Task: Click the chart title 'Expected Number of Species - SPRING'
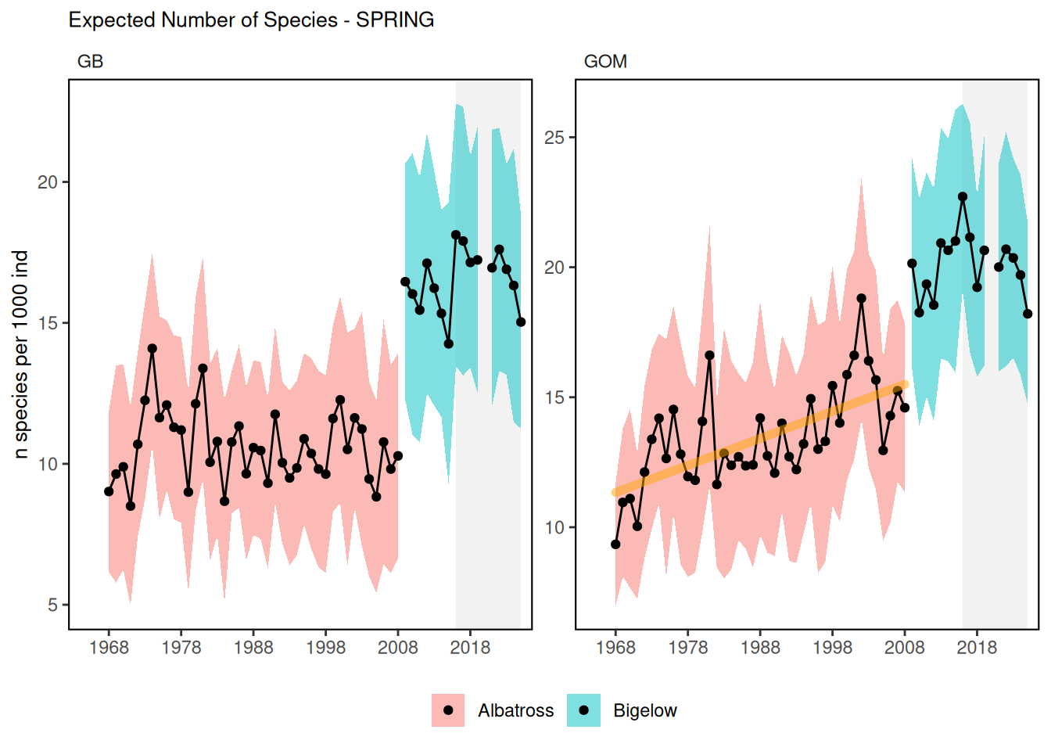coord(251,20)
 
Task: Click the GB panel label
coord(90,62)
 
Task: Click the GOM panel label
coord(605,62)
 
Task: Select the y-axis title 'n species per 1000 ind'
coord(21,354)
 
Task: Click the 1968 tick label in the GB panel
coord(109,648)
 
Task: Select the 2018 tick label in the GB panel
coord(470,648)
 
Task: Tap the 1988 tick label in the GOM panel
coord(760,648)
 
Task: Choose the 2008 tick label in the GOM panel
coord(905,648)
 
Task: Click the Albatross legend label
coord(515,711)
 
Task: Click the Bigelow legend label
coord(645,711)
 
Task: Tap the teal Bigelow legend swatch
coord(583,710)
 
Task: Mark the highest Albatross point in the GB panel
coord(152,349)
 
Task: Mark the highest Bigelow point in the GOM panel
coord(963,197)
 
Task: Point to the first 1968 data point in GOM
coord(615,544)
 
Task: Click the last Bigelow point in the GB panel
coord(521,322)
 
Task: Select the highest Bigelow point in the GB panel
coord(456,235)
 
